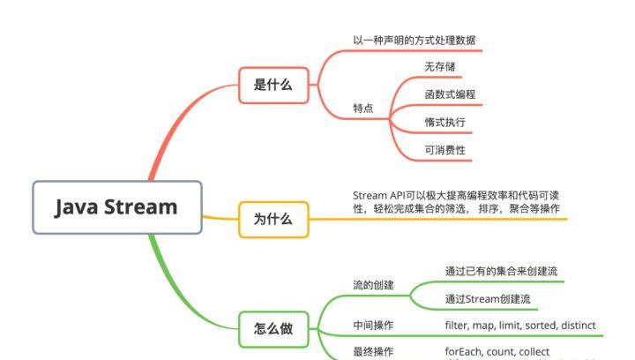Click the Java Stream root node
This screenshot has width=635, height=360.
pyautogui.click(x=117, y=207)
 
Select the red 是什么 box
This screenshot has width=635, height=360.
pyautogui.click(x=273, y=85)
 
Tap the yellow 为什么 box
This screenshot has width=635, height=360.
pyautogui.click(x=273, y=219)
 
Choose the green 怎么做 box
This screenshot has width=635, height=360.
pyautogui.click(x=273, y=330)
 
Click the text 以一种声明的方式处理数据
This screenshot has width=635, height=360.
pyautogui.click(x=417, y=41)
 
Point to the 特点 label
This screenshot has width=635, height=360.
pyautogui.click(x=362, y=109)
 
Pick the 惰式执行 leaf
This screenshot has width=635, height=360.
pyautogui.click(x=444, y=122)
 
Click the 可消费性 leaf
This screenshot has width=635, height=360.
pyautogui.click(x=444, y=150)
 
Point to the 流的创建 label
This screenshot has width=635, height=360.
pyautogui.click(x=373, y=285)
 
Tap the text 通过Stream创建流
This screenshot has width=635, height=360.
pyautogui.click(x=488, y=300)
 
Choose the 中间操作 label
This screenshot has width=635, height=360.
pyautogui.click(x=373, y=326)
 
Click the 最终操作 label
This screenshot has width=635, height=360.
pyautogui.click(x=373, y=351)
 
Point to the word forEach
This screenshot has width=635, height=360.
pyautogui.click(x=464, y=351)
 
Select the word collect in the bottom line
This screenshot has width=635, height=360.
pyautogui.click(x=534, y=351)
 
